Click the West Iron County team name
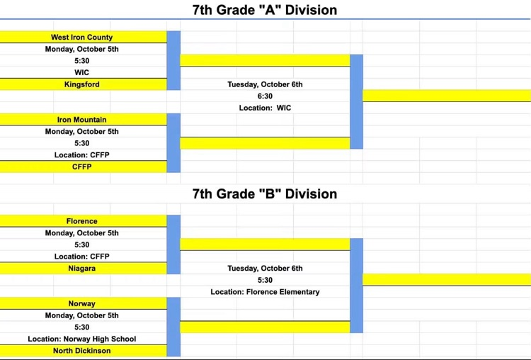coord(81,38)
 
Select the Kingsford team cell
coord(83,84)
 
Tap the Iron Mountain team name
coord(81,120)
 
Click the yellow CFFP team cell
coord(83,167)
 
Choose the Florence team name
coord(81,221)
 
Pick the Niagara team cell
coord(83,268)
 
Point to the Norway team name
coord(81,304)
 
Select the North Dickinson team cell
coord(83,351)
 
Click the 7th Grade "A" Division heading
coord(265,10)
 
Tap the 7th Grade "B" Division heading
coord(265,194)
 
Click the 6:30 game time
coord(265,96)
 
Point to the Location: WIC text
coord(265,108)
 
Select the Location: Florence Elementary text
coord(265,292)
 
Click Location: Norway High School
coord(81,339)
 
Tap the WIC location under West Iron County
coord(81,72)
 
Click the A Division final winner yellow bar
coord(447,96)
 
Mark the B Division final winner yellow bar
coord(447,280)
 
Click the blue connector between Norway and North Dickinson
coord(173,327)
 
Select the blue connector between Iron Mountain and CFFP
coord(173,143)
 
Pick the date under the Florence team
coord(81,233)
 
